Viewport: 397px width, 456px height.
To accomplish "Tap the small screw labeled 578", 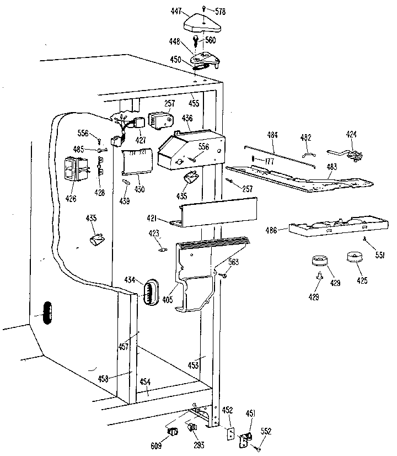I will point(203,8).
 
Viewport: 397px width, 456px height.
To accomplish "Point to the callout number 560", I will point(211,40).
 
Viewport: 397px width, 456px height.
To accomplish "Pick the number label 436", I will point(187,118).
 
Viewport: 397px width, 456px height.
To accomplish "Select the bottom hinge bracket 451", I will point(244,439).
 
